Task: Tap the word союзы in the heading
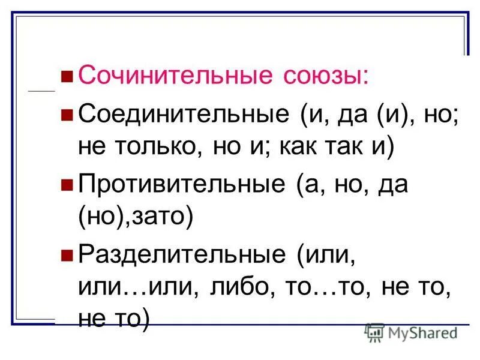click(318, 77)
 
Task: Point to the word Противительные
click(182, 184)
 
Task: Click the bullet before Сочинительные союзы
click(67, 77)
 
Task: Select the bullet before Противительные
click(67, 184)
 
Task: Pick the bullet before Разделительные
click(67, 254)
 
